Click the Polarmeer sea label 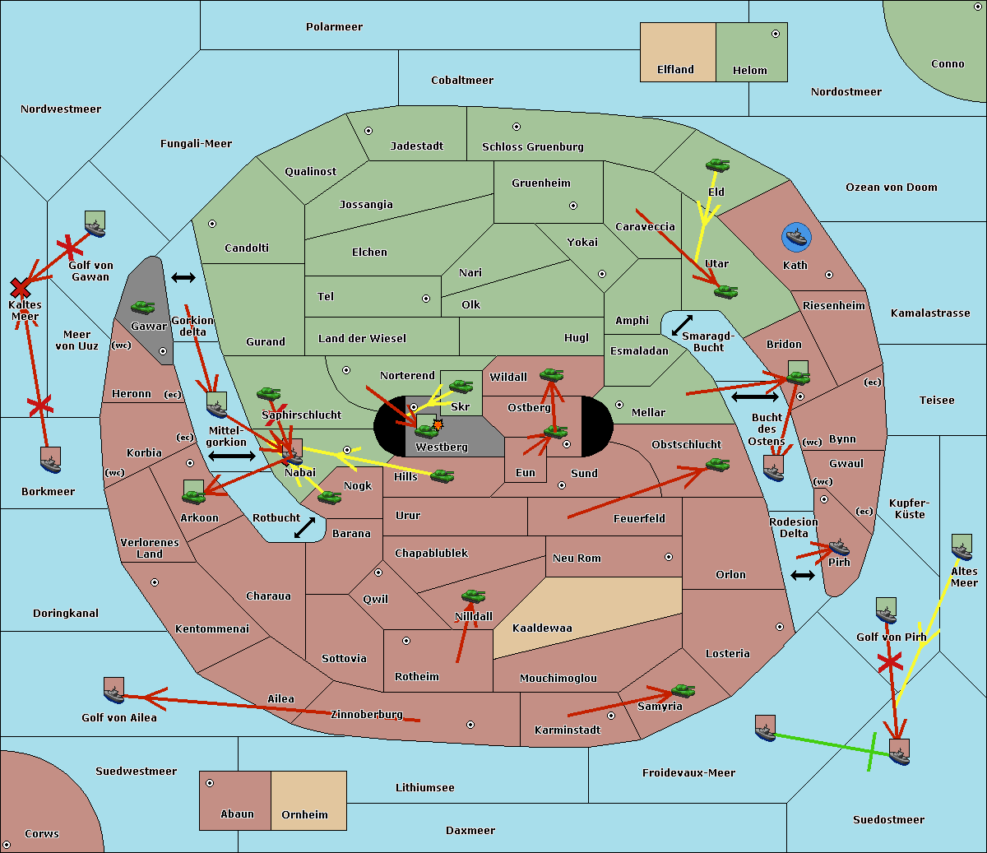click(334, 27)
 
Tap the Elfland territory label click(675, 70)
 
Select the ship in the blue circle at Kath click(795, 238)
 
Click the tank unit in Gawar click(143, 308)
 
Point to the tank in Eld click(717, 165)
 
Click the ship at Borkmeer click(51, 461)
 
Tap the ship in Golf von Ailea click(114, 691)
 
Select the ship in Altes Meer click(962, 548)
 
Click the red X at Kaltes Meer click(20, 288)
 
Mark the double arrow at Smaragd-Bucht click(683, 326)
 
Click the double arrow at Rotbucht click(305, 527)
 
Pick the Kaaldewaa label click(542, 628)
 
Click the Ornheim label click(304, 815)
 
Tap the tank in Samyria click(683, 690)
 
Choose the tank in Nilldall click(473, 596)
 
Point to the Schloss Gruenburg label click(532, 147)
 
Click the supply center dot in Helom click(775, 34)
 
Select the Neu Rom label click(577, 559)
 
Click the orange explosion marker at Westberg click(438, 424)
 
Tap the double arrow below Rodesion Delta click(803, 575)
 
